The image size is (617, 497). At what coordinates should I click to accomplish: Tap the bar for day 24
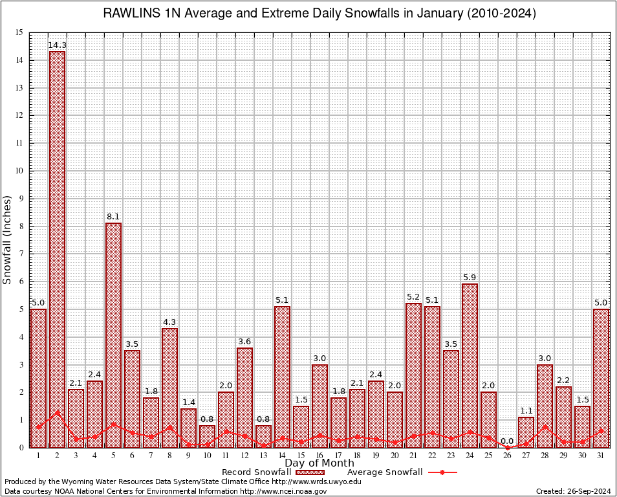(x=470, y=365)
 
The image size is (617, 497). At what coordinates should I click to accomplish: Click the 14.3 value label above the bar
(x=57, y=45)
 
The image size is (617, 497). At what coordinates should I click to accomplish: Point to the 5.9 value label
(x=470, y=278)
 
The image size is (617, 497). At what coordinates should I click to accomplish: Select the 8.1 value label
(x=113, y=217)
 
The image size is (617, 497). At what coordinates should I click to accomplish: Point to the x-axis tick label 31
(x=601, y=455)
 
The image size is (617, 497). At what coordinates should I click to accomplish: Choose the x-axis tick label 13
(x=263, y=455)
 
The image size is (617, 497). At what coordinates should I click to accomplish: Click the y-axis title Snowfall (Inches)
(x=8, y=239)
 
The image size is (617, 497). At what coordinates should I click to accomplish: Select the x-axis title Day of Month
(x=319, y=463)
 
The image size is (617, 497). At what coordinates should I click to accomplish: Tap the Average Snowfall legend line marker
(x=442, y=472)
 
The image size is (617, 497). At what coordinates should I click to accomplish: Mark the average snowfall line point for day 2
(x=57, y=412)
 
